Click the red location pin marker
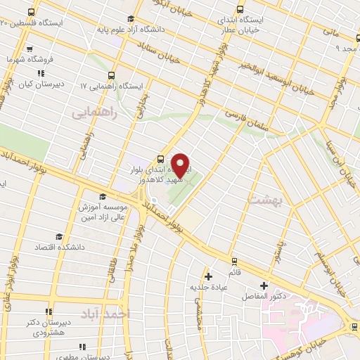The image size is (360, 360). pyautogui.click(x=181, y=165)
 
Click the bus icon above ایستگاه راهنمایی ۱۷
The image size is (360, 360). pyautogui.click(x=111, y=75)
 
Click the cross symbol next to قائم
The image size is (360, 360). pyautogui.click(x=208, y=275)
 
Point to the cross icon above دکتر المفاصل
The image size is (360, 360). pyautogui.click(x=264, y=285)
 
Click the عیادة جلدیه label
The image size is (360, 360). pyautogui.click(x=207, y=287)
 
